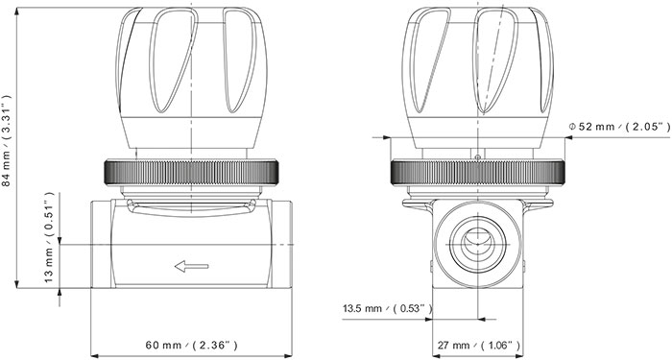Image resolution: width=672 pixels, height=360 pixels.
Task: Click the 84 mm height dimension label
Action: tap(6, 140)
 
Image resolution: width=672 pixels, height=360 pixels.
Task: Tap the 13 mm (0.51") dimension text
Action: tap(49, 237)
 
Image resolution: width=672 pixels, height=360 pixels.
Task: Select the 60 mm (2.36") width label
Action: tap(192, 345)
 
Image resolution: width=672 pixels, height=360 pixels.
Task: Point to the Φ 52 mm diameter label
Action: tap(619, 127)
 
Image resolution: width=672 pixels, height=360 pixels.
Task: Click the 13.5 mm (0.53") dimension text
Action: tap(388, 308)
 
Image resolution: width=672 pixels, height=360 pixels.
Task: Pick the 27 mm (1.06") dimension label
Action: tap(479, 345)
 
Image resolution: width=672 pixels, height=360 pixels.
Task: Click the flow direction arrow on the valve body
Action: tap(192, 266)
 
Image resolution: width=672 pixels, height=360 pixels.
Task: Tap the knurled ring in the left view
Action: tap(192, 172)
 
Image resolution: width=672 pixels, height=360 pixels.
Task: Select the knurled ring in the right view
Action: tap(477, 172)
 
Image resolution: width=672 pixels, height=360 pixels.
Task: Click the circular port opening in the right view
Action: tap(477, 244)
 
